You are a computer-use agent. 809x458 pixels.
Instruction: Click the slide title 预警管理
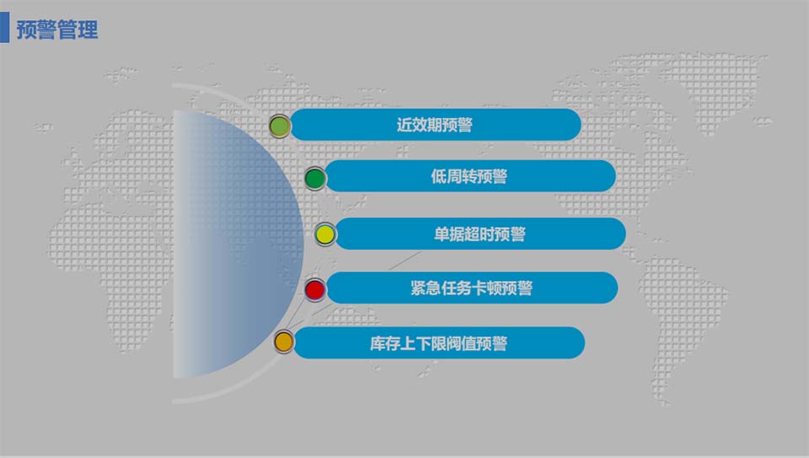[x=57, y=30]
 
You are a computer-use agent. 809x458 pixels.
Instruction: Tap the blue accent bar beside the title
[x=4, y=28]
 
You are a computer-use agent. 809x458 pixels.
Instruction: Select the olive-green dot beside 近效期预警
[x=280, y=127]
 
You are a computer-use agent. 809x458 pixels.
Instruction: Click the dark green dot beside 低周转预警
[x=314, y=177]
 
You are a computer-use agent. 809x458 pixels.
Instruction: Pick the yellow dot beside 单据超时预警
[x=325, y=234]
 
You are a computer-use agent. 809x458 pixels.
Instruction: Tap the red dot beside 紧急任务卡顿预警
[x=314, y=290]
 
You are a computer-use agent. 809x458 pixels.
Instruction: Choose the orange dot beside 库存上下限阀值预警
[x=284, y=342]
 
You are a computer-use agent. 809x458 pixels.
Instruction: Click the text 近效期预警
[x=434, y=125]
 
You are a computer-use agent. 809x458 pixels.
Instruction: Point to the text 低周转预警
[x=469, y=176]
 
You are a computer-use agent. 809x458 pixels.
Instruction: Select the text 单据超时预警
[x=480, y=234]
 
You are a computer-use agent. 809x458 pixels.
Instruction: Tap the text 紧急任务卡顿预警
[x=471, y=288]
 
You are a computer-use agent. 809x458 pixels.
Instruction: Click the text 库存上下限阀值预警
[x=438, y=343]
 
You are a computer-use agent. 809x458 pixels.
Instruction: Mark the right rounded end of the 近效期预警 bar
[x=571, y=125]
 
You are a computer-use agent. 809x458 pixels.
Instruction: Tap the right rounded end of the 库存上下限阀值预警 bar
[x=574, y=342]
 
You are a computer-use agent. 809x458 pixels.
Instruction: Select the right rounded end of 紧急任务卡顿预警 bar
[x=607, y=288]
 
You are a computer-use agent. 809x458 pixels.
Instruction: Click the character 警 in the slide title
[x=47, y=30]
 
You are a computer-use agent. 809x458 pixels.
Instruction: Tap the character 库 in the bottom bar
[x=378, y=343]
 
